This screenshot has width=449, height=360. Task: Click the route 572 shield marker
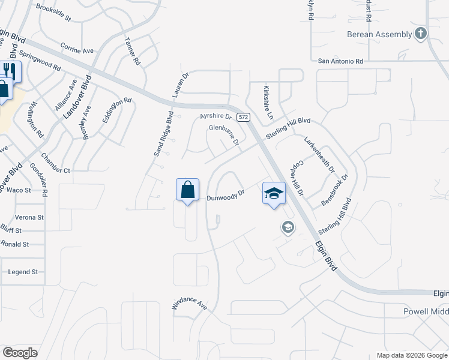pos(243,118)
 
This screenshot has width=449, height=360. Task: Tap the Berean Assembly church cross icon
pos(421,34)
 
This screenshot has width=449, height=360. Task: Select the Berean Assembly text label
pos(379,34)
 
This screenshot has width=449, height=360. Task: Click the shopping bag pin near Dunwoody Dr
pos(187,190)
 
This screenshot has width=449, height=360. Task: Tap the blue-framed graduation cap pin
pos(274,194)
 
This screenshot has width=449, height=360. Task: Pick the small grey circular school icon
pos(288,227)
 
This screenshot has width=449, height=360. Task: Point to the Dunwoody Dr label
pos(226,196)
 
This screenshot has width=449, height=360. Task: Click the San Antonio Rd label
pos(340,61)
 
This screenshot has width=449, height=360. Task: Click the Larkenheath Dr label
pos(319,154)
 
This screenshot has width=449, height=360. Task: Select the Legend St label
pos(23,272)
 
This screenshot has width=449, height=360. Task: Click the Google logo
pos(20,352)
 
